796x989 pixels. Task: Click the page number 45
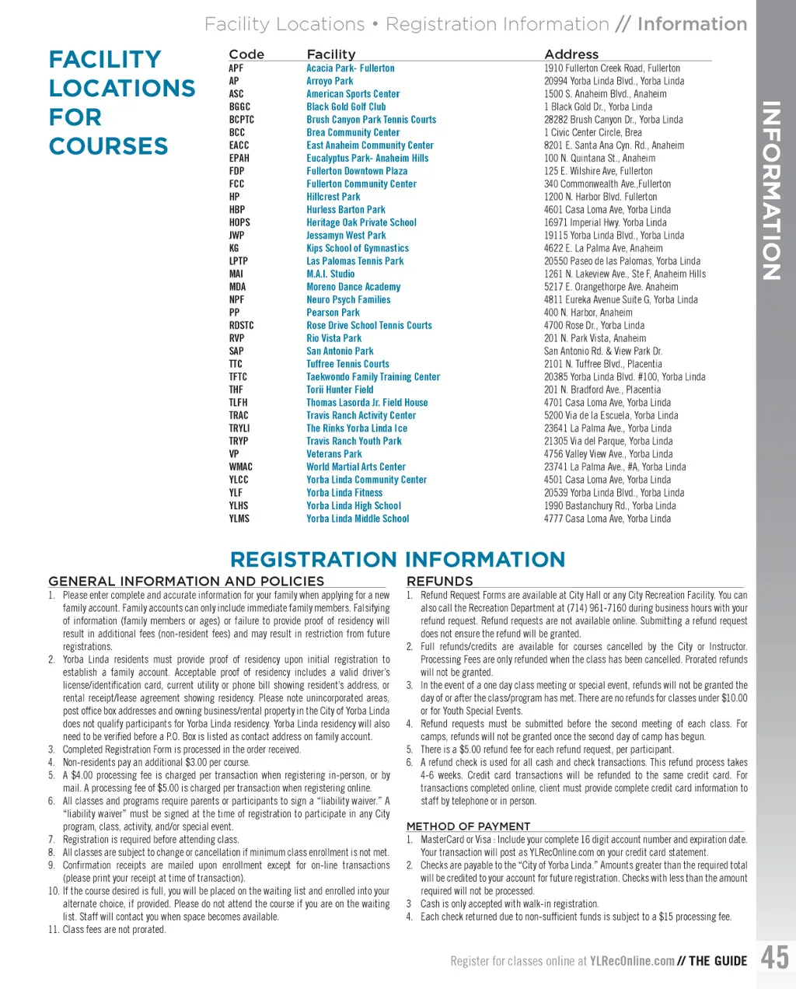click(x=774, y=957)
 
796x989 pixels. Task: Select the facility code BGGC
click(x=239, y=107)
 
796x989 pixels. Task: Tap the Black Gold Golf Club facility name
click(x=346, y=107)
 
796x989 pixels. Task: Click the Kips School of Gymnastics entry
click(x=358, y=248)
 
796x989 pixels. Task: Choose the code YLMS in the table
click(x=239, y=519)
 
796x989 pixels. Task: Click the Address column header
click(x=571, y=54)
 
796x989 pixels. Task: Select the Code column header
click(x=246, y=54)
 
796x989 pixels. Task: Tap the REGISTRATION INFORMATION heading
click(x=397, y=559)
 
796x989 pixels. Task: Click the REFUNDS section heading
click(x=439, y=581)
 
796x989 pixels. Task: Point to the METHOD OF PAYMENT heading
click(x=468, y=826)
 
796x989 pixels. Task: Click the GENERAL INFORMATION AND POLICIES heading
click(x=186, y=581)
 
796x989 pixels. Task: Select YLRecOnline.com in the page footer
click(x=632, y=961)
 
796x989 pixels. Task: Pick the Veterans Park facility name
click(x=334, y=454)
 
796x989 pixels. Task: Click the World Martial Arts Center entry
click(x=356, y=467)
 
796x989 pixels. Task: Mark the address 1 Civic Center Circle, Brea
click(x=593, y=132)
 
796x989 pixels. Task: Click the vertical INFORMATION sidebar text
click(x=770, y=190)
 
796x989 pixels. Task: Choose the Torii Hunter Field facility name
click(x=340, y=390)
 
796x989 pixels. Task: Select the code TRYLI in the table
click(x=239, y=428)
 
